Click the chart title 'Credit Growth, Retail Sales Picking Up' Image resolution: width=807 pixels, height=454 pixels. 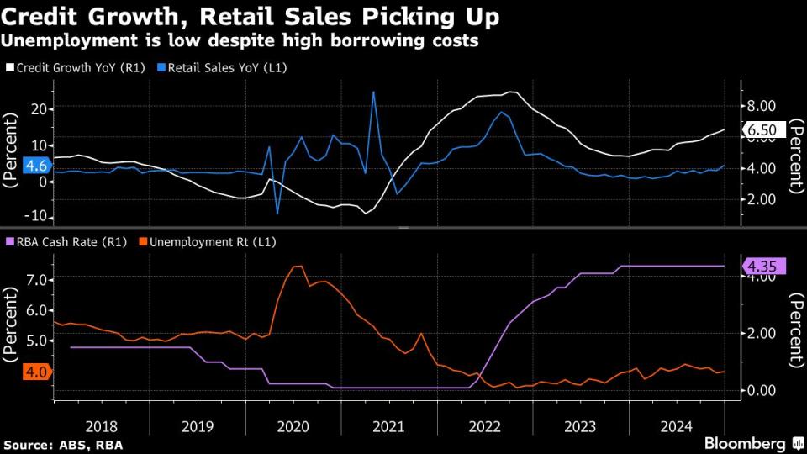click(x=250, y=16)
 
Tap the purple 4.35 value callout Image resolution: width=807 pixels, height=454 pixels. click(x=763, y=267)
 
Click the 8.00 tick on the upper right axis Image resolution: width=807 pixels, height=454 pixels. click(x=761, y=106)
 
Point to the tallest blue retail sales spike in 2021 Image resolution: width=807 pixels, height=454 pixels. click(x=373, y=92)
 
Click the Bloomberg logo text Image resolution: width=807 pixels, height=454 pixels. click(x=744, y=443)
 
